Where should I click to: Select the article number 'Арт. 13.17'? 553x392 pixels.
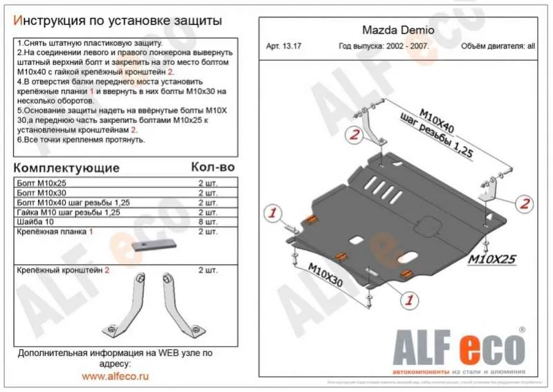[284, 47]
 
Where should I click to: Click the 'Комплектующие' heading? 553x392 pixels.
[66, 168]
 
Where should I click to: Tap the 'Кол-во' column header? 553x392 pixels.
[212, 167]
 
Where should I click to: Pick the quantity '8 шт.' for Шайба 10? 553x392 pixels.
[208, 223]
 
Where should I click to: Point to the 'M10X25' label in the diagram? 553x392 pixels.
[493, 259]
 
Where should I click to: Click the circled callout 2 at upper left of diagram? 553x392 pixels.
[354, 136]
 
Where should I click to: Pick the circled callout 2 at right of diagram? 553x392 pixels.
[525, 203]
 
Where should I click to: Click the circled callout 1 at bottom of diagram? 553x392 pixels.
[409, 299]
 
